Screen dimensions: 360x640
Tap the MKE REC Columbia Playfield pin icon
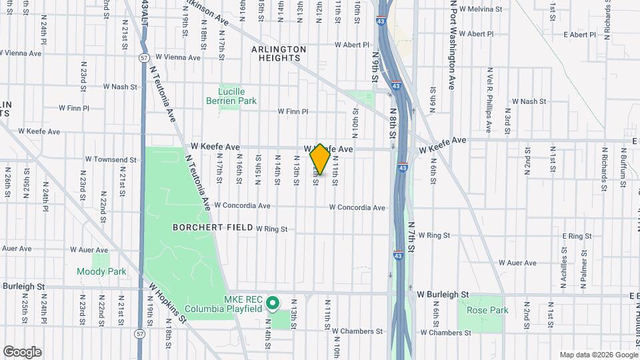pos(272,304)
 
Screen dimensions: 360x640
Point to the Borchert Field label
pos(203,227)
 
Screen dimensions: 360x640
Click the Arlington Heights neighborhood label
pos(279,54)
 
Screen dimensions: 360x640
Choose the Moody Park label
pos(101,272)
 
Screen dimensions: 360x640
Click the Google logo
pos(22,352)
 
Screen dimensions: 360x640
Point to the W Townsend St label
pos(111,160)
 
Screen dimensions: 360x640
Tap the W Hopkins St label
pos(167,303)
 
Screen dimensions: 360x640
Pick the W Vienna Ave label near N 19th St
pos(177,57)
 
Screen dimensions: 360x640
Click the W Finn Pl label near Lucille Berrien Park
pos(293,111)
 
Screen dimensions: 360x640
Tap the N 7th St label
pos(411,238)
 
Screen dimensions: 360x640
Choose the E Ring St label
pos(577,236)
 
